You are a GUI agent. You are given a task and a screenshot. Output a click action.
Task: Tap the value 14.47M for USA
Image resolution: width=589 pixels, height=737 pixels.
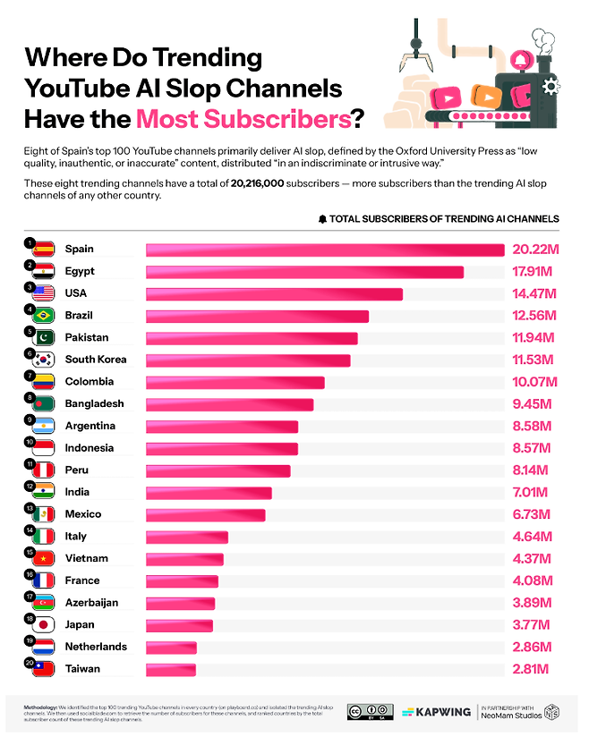pyautogui.click(x=534, y=293)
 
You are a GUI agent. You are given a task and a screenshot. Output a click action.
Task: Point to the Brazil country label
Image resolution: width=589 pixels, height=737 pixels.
pyautogui.click(x=79, y=316)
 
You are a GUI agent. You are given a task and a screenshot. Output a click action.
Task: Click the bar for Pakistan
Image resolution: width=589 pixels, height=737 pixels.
pyautogui.click(x=252, y=338)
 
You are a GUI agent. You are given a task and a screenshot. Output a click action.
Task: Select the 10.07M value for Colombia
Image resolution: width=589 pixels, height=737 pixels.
pyautogui.click(x=534, y=382)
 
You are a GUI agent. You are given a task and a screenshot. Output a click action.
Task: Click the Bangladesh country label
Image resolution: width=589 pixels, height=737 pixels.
pyautogui.click(x=94, y=404)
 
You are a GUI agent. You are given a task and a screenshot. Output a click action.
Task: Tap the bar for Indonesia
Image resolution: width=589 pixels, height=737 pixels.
pyautogui.click(x=221, y=448)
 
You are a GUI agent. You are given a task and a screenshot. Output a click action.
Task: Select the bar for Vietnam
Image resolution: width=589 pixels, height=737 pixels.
pyautogui.click(x=184, y=559)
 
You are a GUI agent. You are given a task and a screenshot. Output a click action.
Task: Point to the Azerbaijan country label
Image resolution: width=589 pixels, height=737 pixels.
pyautogui.click(x=91, y=603)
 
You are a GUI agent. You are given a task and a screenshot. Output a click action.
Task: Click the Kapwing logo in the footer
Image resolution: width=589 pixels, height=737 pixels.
pyautogui.click(x=436, y=711)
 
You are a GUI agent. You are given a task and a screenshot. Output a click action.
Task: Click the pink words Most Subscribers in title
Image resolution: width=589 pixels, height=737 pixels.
pyautogui.click(x=241, y=118)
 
